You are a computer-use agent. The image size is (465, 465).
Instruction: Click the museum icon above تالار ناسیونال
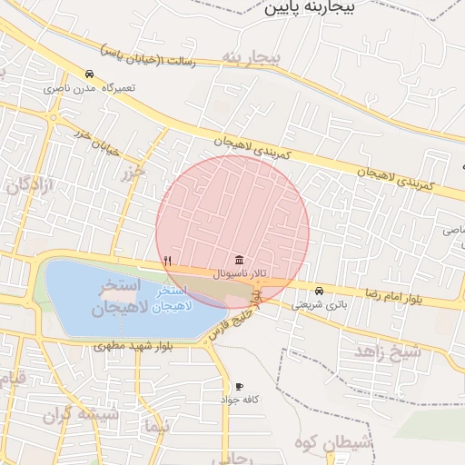coord(238,260)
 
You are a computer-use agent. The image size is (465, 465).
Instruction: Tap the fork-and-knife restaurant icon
coord(168,261)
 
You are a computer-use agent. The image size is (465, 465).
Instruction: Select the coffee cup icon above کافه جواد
coord(239,386)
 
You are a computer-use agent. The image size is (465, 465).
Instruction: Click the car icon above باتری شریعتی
coord(318,291)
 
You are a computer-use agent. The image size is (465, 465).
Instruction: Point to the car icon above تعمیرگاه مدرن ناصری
coord(89,74)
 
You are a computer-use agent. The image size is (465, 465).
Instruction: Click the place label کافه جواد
coord(239,399)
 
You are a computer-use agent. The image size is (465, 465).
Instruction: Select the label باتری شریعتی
coord(319,304)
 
